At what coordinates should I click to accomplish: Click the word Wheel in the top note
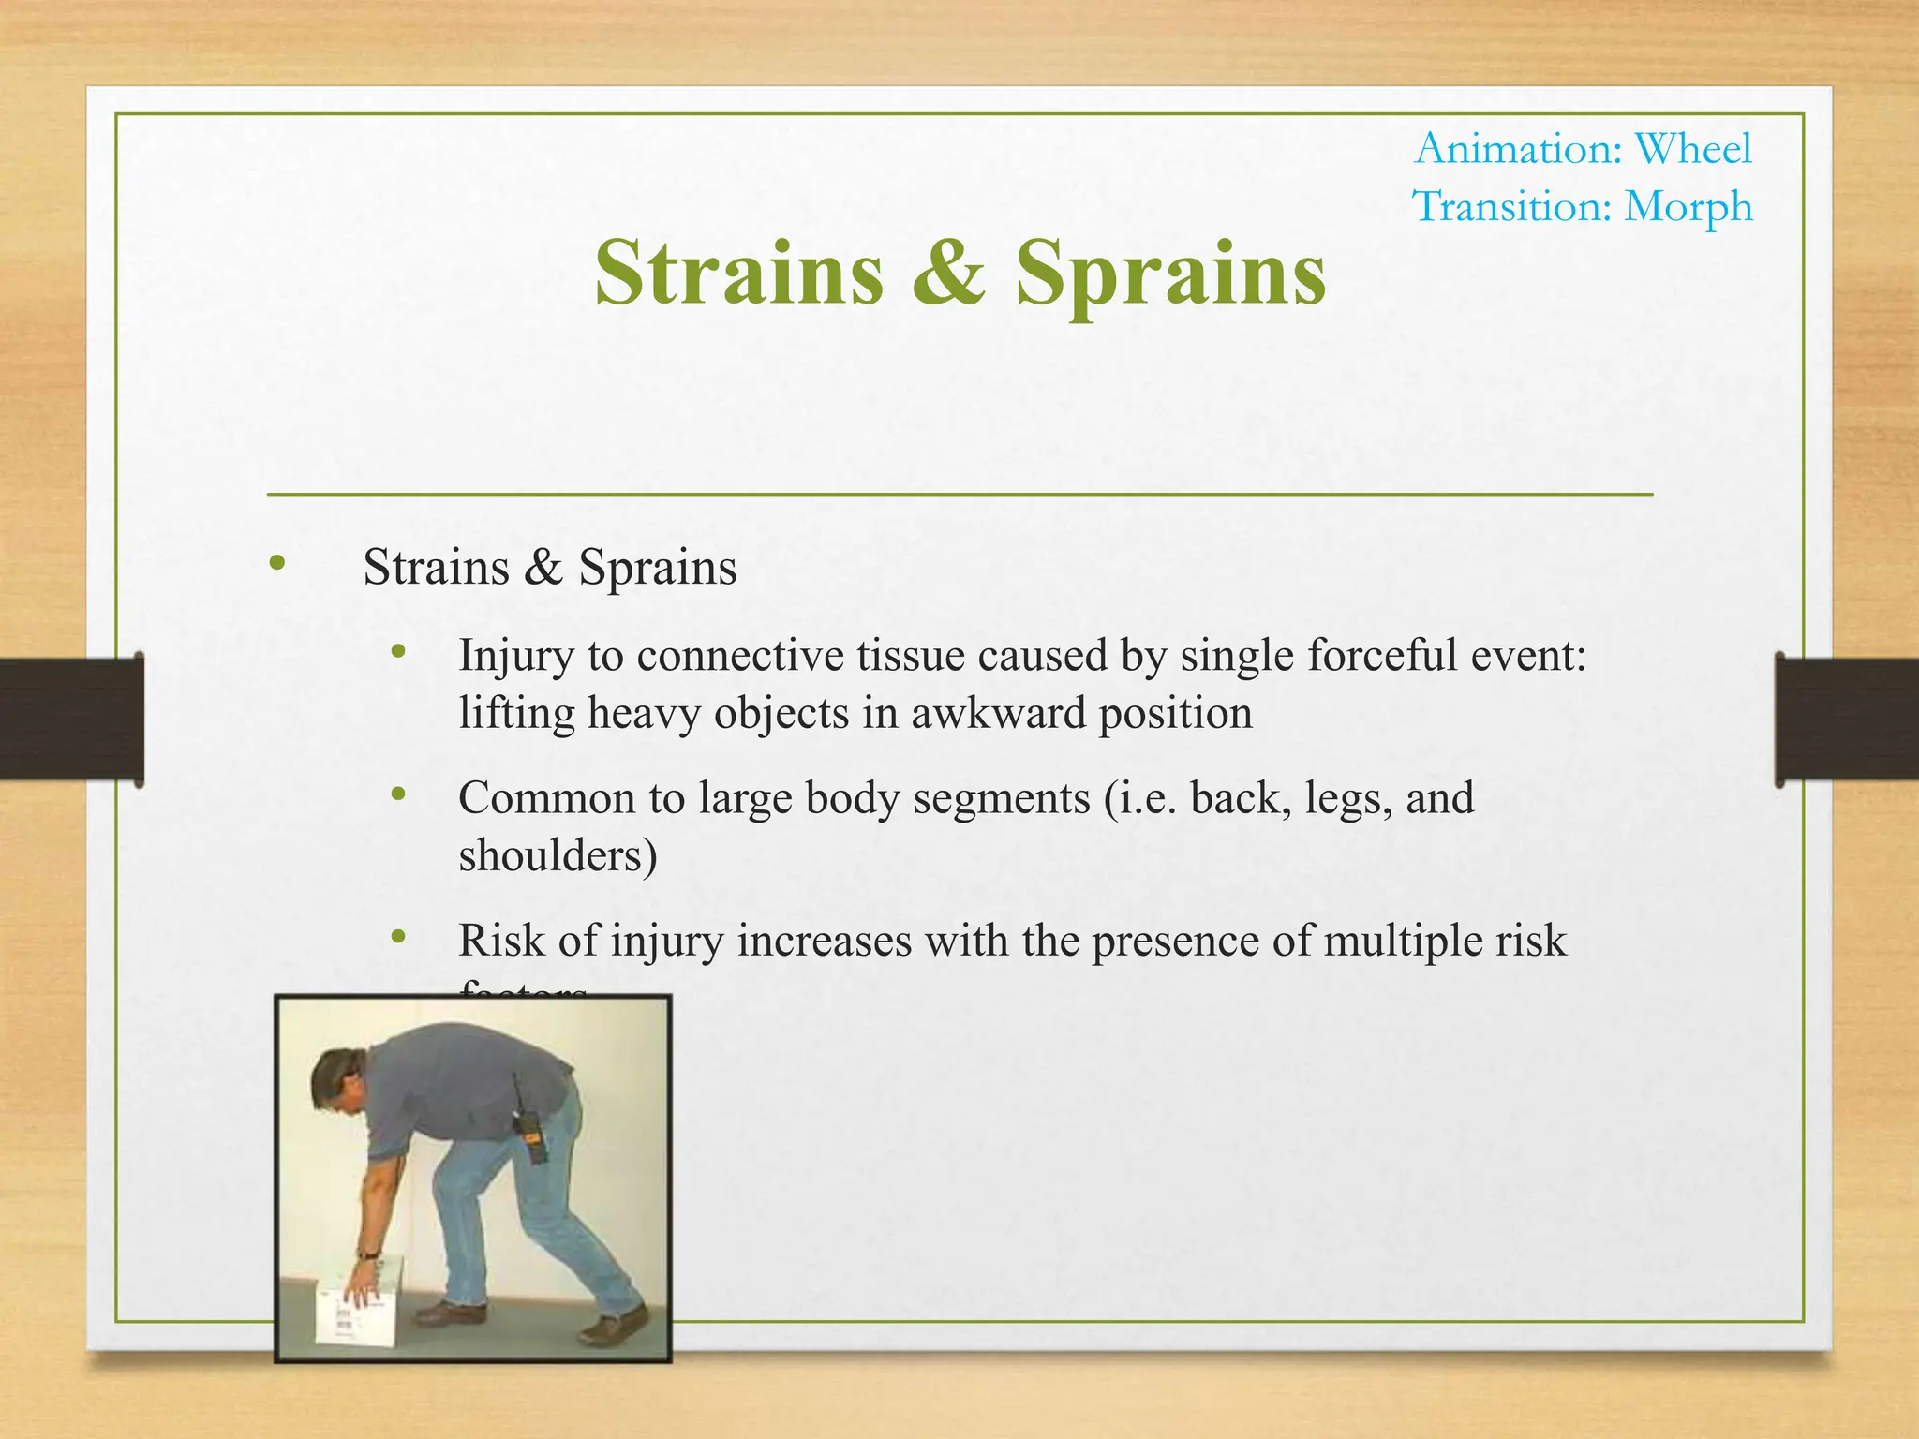1692,149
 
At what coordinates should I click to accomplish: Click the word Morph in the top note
1688,207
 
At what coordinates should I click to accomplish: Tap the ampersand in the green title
948,273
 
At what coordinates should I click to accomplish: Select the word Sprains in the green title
1170,274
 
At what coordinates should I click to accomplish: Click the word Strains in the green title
738,273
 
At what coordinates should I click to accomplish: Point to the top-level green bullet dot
275,563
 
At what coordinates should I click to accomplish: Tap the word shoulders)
558,855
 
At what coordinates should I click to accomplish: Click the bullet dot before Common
398,794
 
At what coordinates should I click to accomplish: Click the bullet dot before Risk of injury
398,937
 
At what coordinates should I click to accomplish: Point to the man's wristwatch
368,1254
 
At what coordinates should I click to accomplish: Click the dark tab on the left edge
71,719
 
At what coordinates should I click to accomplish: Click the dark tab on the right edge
1846,719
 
